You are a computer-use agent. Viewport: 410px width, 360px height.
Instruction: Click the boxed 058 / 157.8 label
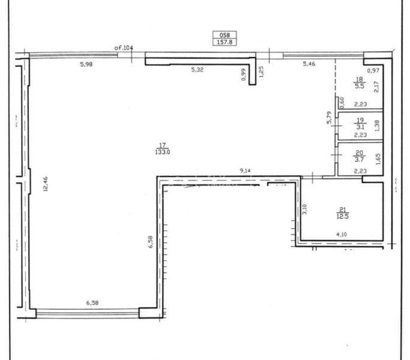tap(225, 38)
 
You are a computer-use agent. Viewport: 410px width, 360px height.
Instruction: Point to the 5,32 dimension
tap(197, 70)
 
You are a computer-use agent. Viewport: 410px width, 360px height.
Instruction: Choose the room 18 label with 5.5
tap(360, 83)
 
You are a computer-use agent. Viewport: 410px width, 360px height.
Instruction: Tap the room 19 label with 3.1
tap(360, 124)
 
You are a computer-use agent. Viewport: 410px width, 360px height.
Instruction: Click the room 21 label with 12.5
tap(343, 212)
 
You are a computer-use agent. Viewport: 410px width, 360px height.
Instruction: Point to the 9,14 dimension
tap(246, 172)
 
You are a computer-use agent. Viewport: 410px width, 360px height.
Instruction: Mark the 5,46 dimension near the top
tap(309, 64)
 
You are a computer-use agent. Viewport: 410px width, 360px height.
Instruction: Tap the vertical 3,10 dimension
tap(305, 209)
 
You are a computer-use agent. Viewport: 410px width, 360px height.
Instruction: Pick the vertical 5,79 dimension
tap(329, 118)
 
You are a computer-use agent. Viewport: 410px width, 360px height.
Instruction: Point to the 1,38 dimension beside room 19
tap(377, 125)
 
